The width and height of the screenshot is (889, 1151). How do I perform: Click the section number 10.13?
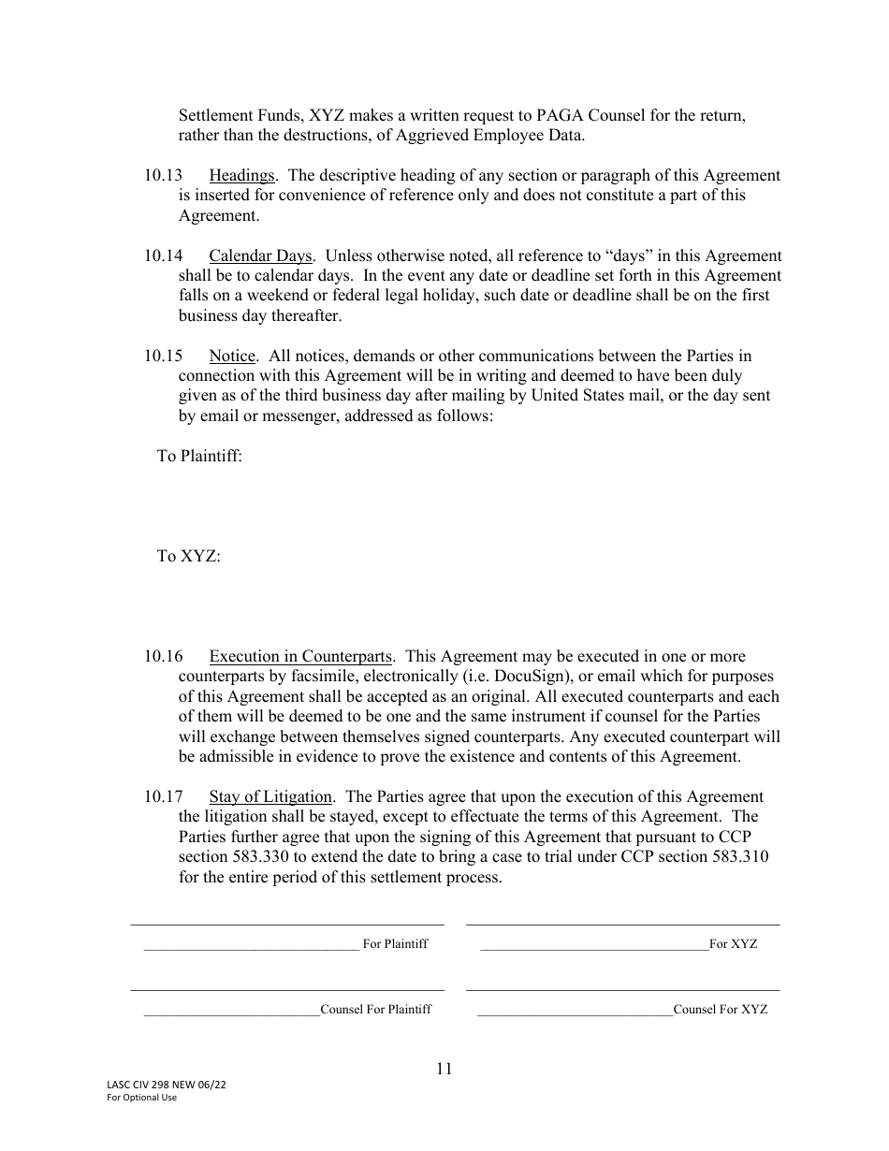coord(163,176)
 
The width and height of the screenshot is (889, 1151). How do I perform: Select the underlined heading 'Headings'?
coord(241,176)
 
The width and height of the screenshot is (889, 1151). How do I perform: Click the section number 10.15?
coord(163,357)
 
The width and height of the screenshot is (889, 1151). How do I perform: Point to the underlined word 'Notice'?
coord(232,357)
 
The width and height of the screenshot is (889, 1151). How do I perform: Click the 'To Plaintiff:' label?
coord(199,457)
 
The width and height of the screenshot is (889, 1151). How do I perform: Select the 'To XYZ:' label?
coord(188,557)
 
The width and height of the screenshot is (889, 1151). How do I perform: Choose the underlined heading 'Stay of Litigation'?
coord(270,797)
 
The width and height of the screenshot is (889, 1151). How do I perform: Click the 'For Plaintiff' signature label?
coord(395,944)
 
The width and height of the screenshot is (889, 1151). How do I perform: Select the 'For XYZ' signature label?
coord(734,944)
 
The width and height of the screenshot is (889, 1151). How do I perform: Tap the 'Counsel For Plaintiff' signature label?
coord(376,1010)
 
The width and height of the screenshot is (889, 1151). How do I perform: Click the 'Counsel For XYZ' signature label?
coord(721,1010)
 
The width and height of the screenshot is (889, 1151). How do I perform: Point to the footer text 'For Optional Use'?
coord(142,1098)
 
